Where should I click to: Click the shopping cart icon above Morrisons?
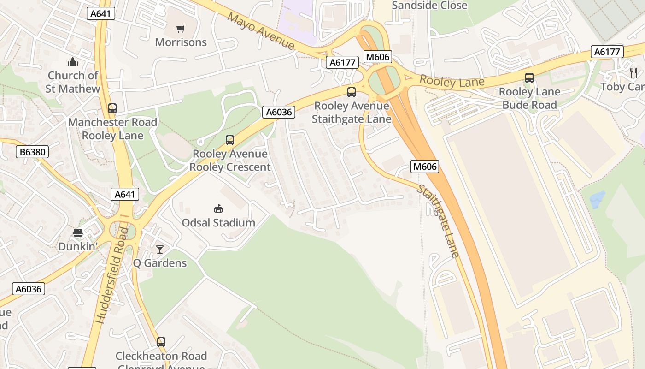181,29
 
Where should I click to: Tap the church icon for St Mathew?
73,62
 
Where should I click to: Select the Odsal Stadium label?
218,223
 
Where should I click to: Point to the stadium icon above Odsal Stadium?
218,209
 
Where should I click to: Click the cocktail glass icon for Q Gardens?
160,250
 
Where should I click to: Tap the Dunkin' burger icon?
78,233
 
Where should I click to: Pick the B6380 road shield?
32,152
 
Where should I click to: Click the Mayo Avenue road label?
261,31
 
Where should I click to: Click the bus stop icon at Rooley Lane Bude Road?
529,78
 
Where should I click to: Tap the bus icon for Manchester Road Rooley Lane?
112,108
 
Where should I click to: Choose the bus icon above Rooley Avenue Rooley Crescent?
229,140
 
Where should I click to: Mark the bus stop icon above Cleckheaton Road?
161,342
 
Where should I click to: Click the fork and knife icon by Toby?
633,72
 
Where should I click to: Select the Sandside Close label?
429,6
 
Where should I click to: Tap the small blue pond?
597,200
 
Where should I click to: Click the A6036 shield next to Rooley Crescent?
279,112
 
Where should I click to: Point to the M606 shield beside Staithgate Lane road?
425,167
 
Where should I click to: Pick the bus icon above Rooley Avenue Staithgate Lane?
352,92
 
